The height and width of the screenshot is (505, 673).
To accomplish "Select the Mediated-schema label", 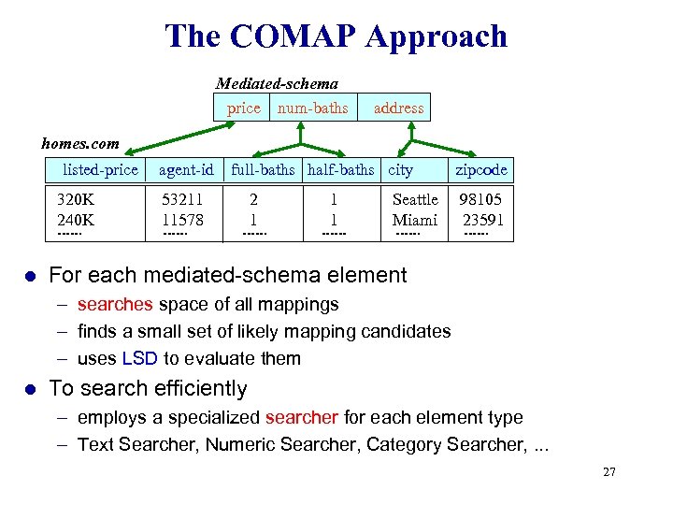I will click(277, 83).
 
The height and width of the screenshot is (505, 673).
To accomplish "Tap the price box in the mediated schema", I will click(243, 108).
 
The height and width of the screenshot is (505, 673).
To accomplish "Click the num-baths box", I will click(312, 108).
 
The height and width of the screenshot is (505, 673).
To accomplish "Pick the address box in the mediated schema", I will click(398, 108).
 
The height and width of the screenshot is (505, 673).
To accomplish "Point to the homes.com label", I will click(80, 143).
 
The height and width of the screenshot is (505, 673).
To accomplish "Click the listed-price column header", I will click(100, 169).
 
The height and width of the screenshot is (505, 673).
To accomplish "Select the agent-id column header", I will click(186, 169).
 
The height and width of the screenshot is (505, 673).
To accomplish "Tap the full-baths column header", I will click(263, 169).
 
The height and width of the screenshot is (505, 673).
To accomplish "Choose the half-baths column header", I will click(340, 169).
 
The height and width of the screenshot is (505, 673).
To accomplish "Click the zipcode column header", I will click(481, 169).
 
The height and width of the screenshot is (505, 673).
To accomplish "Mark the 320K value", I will click(75, 199).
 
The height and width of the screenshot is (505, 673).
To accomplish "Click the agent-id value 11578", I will click(182, 220).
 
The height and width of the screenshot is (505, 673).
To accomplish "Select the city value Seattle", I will click(415, 199).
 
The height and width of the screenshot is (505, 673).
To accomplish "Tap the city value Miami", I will click(415, 220).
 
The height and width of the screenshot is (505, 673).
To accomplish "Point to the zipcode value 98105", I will click(480, 199).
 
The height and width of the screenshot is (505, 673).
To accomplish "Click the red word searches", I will click(116, 304).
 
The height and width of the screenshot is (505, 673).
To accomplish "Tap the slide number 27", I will click(609, 472).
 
